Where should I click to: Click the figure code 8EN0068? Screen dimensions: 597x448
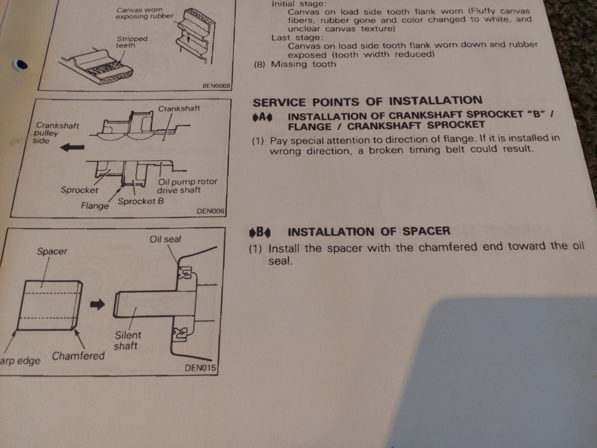pyautogui.click(x=216, y=86)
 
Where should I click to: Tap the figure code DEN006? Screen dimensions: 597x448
pyautogui.click(x=210, y=211)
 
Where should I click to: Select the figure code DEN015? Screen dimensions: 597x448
pyautogui.click(x=200, y=368)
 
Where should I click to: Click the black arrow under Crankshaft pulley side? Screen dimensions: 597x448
pyautogui.click(x=72, y=147)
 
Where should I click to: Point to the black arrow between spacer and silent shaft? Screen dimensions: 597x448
pyautogui.click(x=97, y=304)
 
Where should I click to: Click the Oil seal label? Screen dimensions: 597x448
pyautogui.click(x=165, y=239)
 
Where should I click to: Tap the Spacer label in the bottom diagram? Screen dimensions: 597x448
pyautogui.click(x=52, y=251)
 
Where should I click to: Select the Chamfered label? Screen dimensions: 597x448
pyautogui.click(x=79, y=356)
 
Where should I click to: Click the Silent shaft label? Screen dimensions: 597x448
pyautogui.click(x=127, y=340)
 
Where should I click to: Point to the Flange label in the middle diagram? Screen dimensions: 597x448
pyautogui.click(x=95, y=205)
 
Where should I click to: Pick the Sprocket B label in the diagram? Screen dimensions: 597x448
pyautogui.click(x=141, y=201)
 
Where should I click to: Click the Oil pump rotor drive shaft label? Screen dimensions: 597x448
pyautogui.click(x=187, y=186)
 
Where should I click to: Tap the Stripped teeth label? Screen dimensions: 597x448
pyautogui.click(x=132, y=42)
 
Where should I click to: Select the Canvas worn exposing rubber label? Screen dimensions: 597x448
pyautogui.click(x=144, y=13)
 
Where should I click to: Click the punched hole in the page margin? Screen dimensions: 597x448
pyautogui.click(x=20, y=64)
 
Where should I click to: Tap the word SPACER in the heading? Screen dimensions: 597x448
pyautogui.click(x=426, y=231)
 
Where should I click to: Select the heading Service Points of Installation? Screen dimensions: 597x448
pyautogui.click(x=367, y=101)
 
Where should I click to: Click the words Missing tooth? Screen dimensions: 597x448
pyautogui.click(x=303, y=64)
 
